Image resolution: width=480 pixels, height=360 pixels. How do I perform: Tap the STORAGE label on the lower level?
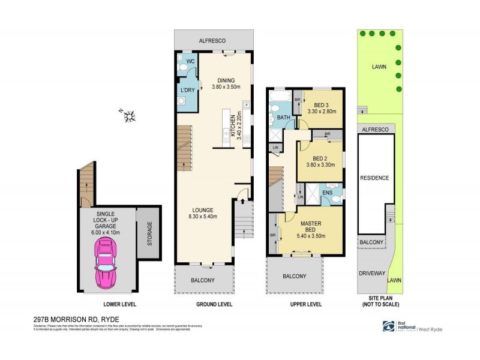click(x=149, y=233)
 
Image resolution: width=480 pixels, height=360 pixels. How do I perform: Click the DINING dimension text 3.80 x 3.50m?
click(x=226, y=88)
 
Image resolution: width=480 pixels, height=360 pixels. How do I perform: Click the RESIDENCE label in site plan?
click(x=374, y=178)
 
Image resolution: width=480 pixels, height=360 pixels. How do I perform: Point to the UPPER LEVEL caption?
click(x=305, y=305)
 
